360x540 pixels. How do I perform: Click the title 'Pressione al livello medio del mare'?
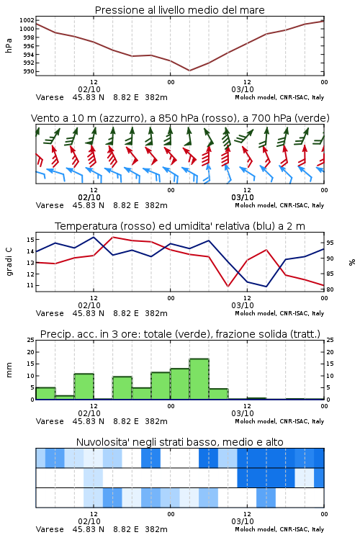179,10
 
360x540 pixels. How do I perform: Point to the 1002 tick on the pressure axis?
27,20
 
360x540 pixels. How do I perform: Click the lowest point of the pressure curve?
189,71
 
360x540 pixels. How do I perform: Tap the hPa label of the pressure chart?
9,45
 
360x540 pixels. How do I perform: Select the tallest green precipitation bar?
199,379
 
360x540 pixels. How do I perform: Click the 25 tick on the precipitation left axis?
31,340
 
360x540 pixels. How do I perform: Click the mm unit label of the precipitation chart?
9,370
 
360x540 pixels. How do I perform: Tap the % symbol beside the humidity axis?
352,262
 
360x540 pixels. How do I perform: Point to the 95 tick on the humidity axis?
330,243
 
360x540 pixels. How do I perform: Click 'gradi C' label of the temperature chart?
9,262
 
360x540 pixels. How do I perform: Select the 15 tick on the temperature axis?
30,239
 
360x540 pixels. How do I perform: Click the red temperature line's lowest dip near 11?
228,286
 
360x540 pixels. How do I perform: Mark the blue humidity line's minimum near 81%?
266,287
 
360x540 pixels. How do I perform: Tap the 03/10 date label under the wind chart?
243,197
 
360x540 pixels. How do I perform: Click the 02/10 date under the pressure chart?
89,89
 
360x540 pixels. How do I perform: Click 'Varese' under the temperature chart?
50,313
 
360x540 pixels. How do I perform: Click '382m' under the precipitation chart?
156,421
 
